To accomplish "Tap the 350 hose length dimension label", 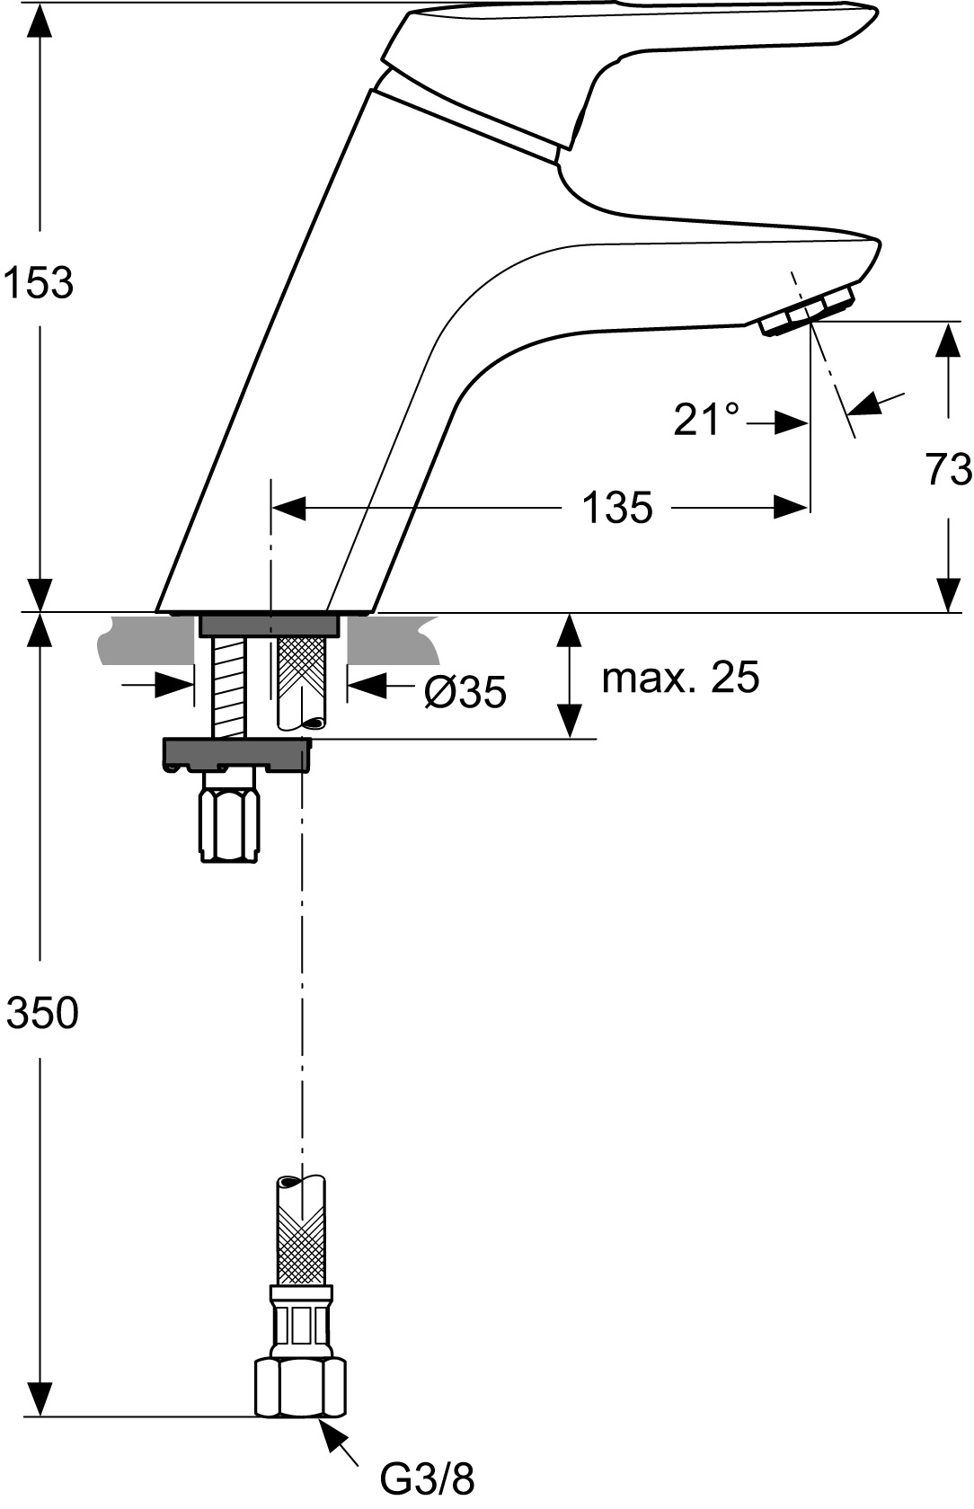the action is point(41,1012).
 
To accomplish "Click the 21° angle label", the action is point(706,419).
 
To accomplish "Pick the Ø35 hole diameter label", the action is point(465,691).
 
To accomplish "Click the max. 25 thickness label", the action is point(680,677).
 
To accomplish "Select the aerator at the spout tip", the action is point(807,311).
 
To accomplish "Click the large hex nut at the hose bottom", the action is point(300,1387).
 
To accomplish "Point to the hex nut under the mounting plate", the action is point(229,818).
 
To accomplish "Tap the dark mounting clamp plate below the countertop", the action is point(236,755).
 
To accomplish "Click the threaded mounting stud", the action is point(229,687).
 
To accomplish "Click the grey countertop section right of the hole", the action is point(393,639).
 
